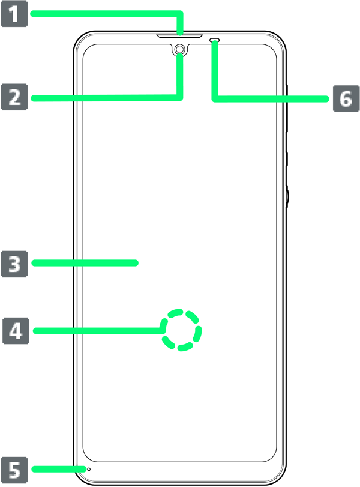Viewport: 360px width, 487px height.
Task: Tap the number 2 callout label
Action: (15, 97)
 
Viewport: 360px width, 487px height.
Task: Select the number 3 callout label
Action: (15, 263)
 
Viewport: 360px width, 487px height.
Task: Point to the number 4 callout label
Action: (15, 330)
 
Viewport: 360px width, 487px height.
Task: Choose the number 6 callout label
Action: (345, 98)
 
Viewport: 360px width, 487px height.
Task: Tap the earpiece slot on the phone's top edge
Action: (179, 35)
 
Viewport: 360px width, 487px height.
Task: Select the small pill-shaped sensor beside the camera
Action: (215, 41)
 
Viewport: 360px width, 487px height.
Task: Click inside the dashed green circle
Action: (182, 330)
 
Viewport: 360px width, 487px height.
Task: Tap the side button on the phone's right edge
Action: (287, 195)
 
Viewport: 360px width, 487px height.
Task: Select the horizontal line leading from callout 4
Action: (114, 330)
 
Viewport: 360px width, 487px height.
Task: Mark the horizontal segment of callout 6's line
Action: (252, 98)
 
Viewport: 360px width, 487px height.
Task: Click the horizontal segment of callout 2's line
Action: (126, 97)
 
